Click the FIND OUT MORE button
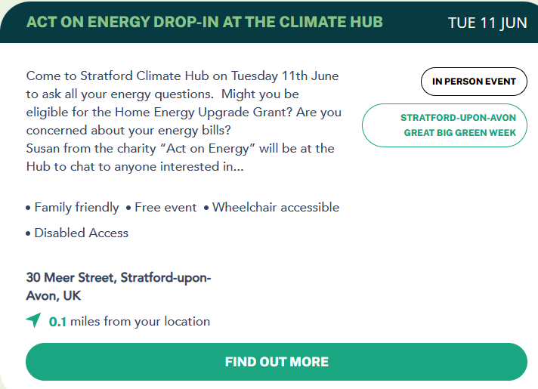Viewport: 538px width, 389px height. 277,362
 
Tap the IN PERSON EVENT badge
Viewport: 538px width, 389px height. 474,82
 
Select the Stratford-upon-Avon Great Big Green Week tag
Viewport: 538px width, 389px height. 444,125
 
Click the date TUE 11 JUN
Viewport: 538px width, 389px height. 487,23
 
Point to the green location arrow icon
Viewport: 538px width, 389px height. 33,320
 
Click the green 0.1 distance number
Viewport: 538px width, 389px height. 57,322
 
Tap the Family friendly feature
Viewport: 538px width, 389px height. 76,207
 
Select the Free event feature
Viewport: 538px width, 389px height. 165,207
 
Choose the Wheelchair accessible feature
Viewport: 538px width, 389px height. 276,207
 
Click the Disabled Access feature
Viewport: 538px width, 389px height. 82,233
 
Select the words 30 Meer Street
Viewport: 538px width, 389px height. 71,277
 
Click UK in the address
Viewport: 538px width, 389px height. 72,295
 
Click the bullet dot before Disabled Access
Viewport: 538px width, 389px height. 28,233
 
